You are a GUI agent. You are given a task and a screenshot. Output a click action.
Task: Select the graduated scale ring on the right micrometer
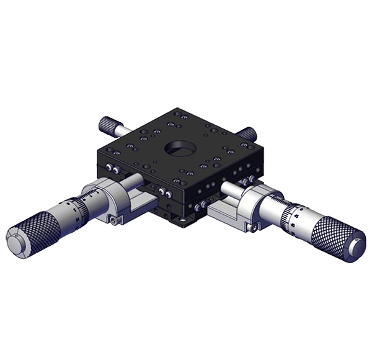(286, 214)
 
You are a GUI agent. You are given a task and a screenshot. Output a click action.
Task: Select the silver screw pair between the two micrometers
(163, 191)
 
